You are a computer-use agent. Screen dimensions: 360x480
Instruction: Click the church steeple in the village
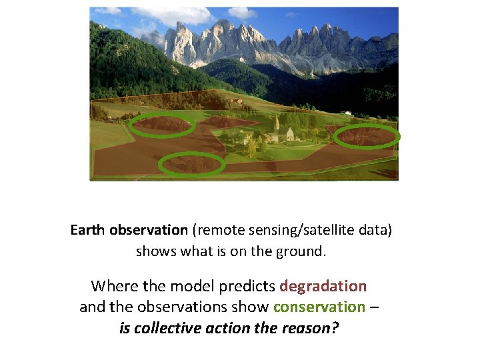point(277,123)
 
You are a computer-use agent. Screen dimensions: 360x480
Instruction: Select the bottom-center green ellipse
point(191,164)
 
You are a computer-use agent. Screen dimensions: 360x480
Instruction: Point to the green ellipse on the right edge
point(366,137)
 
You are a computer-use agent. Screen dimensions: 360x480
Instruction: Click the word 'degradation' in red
point(323,286)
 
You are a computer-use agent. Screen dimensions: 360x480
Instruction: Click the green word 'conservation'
point(319,307)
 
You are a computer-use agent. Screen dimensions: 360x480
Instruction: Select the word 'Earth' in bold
point(88,230)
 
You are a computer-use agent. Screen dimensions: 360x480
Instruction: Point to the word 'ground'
point(303,251)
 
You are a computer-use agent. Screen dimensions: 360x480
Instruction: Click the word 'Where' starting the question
point(114,286)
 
